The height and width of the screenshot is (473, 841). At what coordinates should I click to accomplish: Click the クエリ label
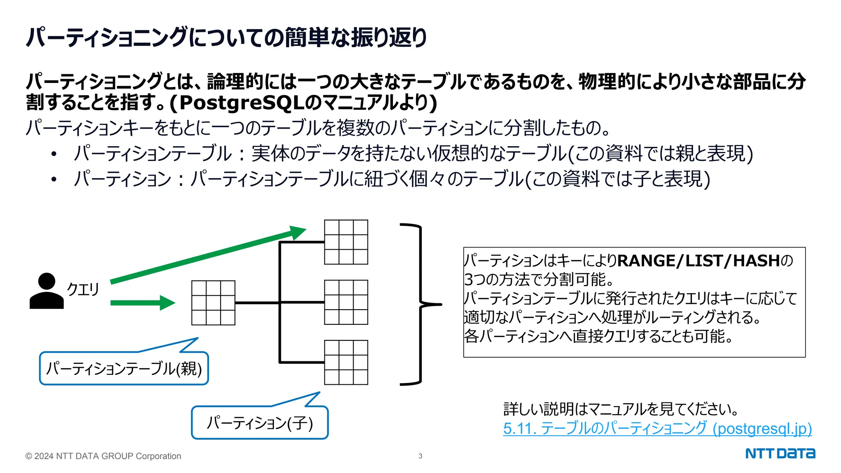pyautogui.click(x=83, y=289)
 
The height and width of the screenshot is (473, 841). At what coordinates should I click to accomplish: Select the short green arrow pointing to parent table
pyautogui.click(x=142, y=303)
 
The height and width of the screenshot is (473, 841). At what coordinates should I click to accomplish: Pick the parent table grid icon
pyautogui.click(x=213, y=303)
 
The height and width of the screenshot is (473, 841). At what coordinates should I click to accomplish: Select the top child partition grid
pyautogui.click(x=346, y=242)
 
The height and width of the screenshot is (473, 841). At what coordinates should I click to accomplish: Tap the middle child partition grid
pyautogui.click(x=346, y=302)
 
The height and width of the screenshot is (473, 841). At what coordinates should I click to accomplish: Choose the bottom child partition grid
pyautogui.click(x=346, y=363)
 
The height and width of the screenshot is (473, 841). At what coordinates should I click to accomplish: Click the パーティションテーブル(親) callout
pyautogui.click(x=124, y=368)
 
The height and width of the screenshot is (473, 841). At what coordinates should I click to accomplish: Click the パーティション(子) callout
pyautogui.click(x=260, y=422)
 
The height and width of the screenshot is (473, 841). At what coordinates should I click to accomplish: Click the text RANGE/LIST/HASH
pyautogui.click(x=698, y=261)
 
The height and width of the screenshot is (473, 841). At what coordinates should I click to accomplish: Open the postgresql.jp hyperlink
pyautogui.click(x=657, y=428)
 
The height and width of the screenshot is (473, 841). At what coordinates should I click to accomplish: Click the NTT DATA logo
pyautogui.click(x=780, y=453)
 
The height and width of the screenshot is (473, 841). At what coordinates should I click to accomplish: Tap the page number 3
pyautogui.click(x=420, y=456)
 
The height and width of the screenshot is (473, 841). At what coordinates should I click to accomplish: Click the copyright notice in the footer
pyautogui.click(x=103, y=456)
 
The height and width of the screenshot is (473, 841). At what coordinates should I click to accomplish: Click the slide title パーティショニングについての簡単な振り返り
pyautogui.click(x=226, y=37)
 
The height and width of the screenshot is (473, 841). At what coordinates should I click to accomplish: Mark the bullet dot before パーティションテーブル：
pyautogui.click(x=54, y=154)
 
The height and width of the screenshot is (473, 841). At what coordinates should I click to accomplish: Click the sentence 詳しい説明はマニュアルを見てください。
pyautogui.click(x=620, y=409)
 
